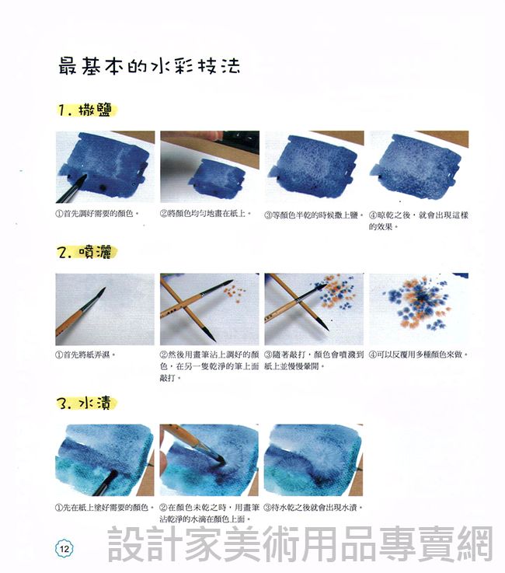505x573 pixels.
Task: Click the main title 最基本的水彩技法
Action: coord(149,67)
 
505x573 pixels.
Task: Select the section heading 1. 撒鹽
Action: coord(86,110)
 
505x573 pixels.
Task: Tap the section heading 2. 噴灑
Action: coord(86,253)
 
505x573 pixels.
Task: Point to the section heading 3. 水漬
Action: coord(86,404)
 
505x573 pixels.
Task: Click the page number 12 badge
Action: coord(64,549)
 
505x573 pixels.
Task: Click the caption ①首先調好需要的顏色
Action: coord(97,214)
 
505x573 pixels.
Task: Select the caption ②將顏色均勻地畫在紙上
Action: coord(206,214)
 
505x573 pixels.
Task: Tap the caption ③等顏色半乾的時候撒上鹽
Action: coord(314,215)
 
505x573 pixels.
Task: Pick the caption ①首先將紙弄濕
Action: coord(85,355)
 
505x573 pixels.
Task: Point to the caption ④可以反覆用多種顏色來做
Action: coord(419,355)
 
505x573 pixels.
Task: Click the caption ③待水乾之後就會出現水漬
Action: coord(313,508)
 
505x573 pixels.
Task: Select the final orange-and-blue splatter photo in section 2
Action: coord(419,309)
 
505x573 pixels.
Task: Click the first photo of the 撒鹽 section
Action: coord(105,166)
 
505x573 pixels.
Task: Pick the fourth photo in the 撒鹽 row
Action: coord(419,166)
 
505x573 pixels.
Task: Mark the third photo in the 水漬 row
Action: coord(314,460)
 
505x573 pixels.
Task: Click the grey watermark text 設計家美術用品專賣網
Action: coord(300,543)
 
